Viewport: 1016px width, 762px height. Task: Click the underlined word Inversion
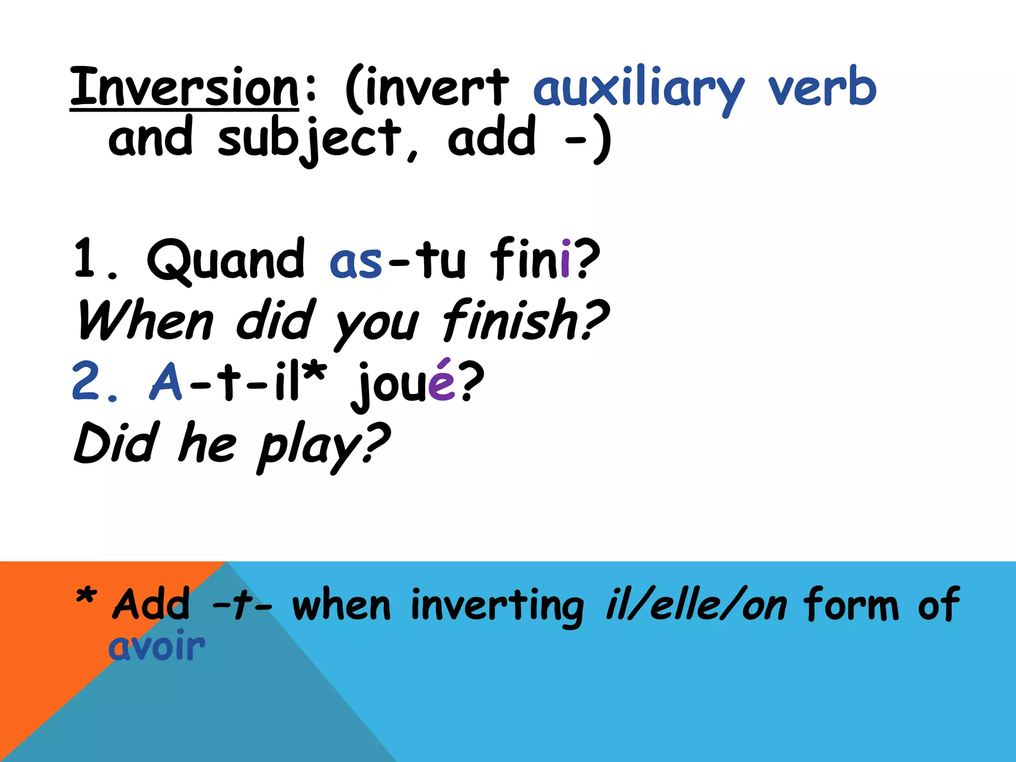coord(185,87)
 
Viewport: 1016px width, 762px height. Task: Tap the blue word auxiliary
coord(639,89)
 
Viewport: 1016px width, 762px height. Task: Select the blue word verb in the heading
coord(823,87)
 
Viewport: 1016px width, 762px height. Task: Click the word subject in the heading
coord(310,139)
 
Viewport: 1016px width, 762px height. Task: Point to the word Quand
coord(226,260)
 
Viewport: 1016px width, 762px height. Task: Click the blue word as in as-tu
coord(356,261)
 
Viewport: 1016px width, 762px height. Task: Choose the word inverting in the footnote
coord(498,606)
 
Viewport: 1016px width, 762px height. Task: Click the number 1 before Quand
coord(84,258)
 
